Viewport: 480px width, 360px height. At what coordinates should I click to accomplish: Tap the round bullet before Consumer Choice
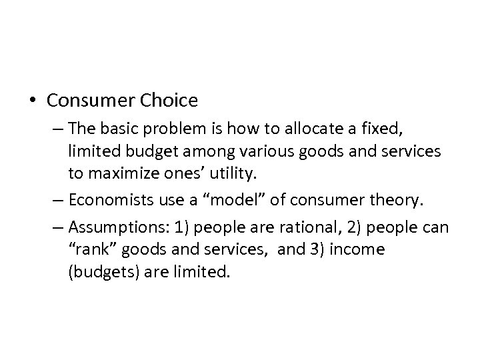[33, 101]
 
